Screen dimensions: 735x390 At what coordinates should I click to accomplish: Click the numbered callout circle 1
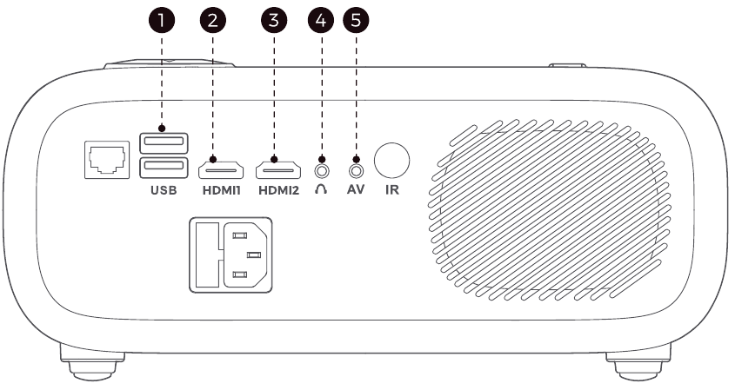[162, 20]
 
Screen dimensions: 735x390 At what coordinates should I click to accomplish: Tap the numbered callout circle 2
[213, 20]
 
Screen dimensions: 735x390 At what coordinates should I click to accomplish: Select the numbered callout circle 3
[274, 20]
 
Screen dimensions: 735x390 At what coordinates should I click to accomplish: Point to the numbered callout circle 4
[321, 20]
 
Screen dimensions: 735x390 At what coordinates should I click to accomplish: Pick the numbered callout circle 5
[357, 20]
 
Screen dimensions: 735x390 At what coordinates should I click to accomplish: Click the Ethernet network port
[107, 160]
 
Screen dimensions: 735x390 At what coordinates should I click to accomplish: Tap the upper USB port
[164, 142]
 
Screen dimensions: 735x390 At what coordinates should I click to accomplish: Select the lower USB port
[164, 168]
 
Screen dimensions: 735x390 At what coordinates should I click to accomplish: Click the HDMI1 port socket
[221, 170]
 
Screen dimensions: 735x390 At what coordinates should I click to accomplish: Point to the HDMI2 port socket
[278, 170]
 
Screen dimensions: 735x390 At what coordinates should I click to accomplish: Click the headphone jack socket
[322, 171]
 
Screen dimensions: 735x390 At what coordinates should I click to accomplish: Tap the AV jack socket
[357, 171]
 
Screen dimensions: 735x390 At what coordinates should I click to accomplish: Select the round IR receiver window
[392, 161]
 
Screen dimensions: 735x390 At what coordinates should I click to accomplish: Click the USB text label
[164, 190]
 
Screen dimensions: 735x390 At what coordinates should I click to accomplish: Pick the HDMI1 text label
[222, 190]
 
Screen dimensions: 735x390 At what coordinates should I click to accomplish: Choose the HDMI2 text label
[279, 190]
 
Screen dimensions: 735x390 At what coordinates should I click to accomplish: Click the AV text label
[356, 189]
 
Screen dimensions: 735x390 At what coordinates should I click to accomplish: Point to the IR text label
[392, 189]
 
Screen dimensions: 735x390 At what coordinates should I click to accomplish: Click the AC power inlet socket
[231, 255]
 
